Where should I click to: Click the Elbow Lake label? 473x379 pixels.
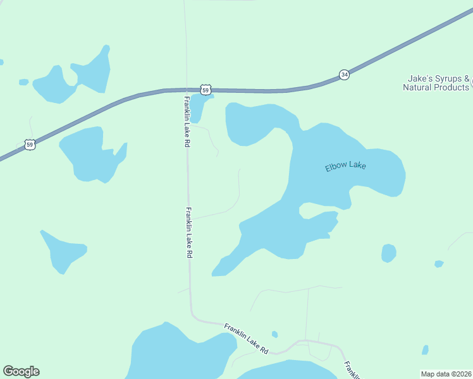pos(345,167)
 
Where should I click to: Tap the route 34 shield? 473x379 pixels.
pos(343,75)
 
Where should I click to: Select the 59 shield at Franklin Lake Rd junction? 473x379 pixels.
pos(206,90)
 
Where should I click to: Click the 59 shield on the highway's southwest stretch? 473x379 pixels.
pos(30,145)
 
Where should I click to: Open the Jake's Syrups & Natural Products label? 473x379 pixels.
pos(436,83)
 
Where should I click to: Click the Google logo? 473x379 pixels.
pos(21,371)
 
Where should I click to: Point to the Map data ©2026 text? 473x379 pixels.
pos(446,374)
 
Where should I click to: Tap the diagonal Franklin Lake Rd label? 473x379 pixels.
pos(247,338)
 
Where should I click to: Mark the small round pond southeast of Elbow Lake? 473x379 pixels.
pos(389,253)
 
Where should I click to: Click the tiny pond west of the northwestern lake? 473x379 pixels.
pos(24,82)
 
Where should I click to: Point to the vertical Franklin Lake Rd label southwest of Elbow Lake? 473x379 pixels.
pos(188,232)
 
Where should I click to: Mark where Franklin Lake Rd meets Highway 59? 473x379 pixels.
pos(185,90)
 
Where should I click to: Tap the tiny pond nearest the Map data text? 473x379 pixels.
pos(425,350)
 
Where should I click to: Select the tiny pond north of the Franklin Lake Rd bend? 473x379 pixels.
pos(274,334)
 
